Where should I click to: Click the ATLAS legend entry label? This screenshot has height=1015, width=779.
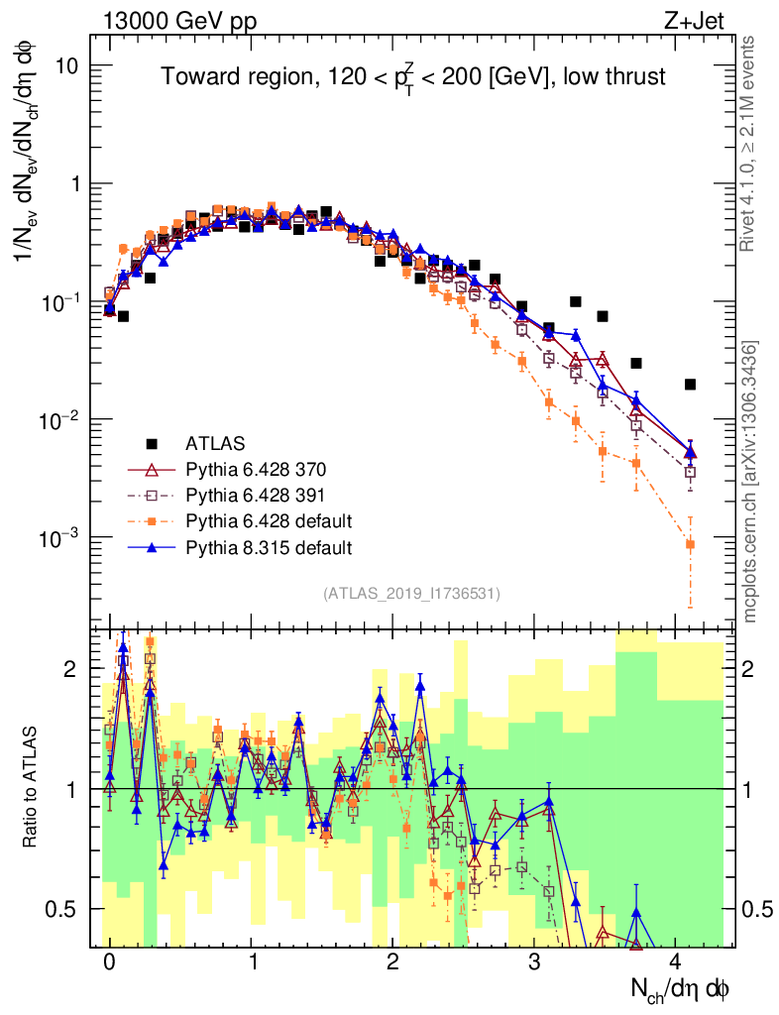tap(215, 442)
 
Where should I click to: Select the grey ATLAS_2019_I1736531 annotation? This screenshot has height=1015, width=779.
tap(410, 594)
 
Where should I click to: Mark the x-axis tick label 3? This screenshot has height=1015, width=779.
tap(534, 962)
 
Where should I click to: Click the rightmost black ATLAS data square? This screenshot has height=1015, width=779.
tap(690, 384)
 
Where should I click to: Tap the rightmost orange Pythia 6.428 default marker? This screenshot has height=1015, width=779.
tap(690, 544)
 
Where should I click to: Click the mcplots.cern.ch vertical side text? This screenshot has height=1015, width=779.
tap(750, 482)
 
